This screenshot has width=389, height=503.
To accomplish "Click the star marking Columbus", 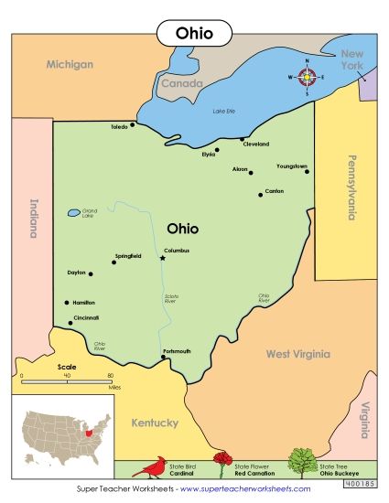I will click(x=163, y=258).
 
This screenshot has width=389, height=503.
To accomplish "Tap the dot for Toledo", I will click(x=133, y=124).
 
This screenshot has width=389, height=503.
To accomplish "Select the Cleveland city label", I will click(x=255, y=144).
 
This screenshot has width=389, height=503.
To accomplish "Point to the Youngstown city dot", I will click(x=307, y=171).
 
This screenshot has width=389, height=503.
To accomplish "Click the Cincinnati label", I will click(x=85, y=317).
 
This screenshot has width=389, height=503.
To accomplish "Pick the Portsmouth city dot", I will click(x=163, y=358).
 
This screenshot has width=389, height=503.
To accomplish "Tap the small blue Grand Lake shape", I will click(x=72, y=213).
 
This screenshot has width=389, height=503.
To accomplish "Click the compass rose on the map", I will click(x=308, y=77).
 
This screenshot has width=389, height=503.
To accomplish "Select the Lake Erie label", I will click(x=224, y=111).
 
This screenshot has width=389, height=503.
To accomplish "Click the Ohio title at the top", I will click(x=194, y=33).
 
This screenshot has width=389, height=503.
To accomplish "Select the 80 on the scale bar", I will click(x=110, y=376).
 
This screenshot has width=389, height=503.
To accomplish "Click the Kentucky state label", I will click(x=154, y=423).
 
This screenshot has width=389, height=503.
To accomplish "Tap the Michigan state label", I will click(x=70, y=65).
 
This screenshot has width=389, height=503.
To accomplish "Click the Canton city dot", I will click(x=260, y=194).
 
